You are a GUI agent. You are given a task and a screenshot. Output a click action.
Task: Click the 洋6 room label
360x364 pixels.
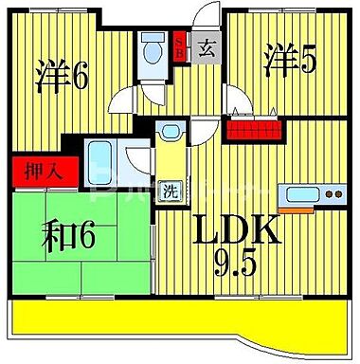point(63,75)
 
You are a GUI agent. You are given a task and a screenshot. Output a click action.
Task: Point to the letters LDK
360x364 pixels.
point(236,230)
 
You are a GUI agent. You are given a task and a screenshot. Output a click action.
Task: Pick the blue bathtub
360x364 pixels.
point(99,158)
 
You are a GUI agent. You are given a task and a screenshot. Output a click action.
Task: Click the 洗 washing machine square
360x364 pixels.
point(169,190)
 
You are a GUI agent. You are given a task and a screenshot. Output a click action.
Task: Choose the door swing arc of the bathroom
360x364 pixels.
point(137,161)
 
